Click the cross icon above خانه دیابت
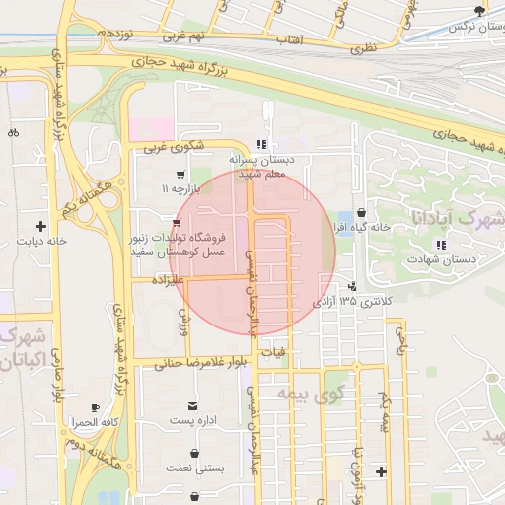(x=40, y=226)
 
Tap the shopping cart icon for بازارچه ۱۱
(x=179, y=174)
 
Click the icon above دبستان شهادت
(x=442, y=244)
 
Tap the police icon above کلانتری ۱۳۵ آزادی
(x=352, y=286)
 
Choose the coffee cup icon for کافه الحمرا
(x=95, y=407)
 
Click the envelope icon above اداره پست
(x=192, y=406)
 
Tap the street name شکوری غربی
(x=174, y=149)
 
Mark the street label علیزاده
(x=174, y=280)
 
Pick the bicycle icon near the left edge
(x=13, y=132)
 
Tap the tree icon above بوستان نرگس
(x=479, y=11)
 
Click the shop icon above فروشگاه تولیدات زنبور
(x=177, y=223)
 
